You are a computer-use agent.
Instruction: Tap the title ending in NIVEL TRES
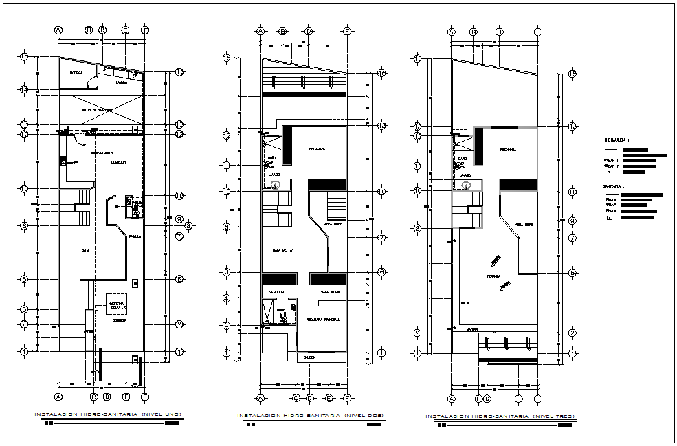[x=500, y=416]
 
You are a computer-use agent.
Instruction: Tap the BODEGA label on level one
[x=76, y=73]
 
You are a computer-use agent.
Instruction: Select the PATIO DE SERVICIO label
[x=97, y=110]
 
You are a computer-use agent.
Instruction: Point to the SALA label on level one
[x=85, y=251]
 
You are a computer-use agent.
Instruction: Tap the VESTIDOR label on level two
[x=277, y=292]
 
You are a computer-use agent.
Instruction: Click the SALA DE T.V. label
[x=283, y=250]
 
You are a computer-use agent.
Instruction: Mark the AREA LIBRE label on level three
[x=524, y=225]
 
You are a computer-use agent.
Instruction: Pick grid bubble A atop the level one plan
[x=58, y=30]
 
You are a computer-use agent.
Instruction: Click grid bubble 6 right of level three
[x=572, y=273]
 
